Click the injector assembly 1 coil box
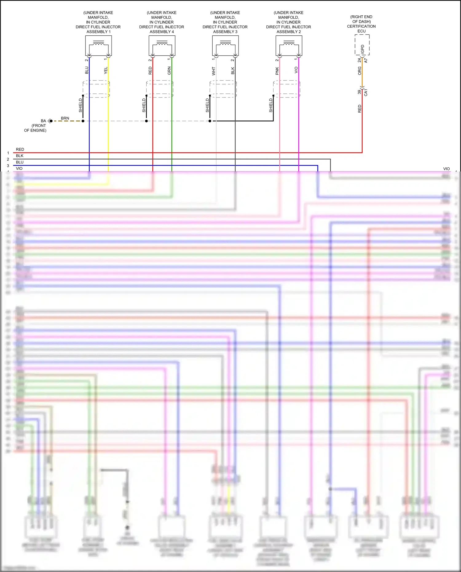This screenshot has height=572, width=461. [x=98, y=45]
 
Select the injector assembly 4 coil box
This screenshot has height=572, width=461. [x=162, y=45]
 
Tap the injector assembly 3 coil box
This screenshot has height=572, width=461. [x=225, y=45]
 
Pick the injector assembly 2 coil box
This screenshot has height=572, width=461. [x=289, y=45]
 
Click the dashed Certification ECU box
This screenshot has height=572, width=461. [x=362, y=45]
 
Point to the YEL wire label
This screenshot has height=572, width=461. [x=106, y=70]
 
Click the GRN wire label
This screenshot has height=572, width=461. [x=169, y=70]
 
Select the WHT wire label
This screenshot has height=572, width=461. [x=214, y=71]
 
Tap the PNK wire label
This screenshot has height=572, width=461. [x=277, y=71]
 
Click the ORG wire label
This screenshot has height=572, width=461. [x=360, y=71]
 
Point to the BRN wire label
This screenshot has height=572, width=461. [x=65, y=118]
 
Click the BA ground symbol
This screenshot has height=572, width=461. [x=51, y=121]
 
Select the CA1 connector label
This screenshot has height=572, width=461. [x=366, y=92]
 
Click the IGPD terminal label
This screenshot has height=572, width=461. [x=363, y=49]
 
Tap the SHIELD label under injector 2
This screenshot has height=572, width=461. [x=271, y=105]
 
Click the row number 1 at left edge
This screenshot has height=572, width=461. [x=8, y=153]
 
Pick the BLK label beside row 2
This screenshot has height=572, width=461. [x=20, y=156]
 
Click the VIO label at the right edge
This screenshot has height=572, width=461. [x=446, y=169]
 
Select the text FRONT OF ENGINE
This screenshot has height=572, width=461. [x=35, y=128]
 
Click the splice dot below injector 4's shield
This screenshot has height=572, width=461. [x=146, y=121]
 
